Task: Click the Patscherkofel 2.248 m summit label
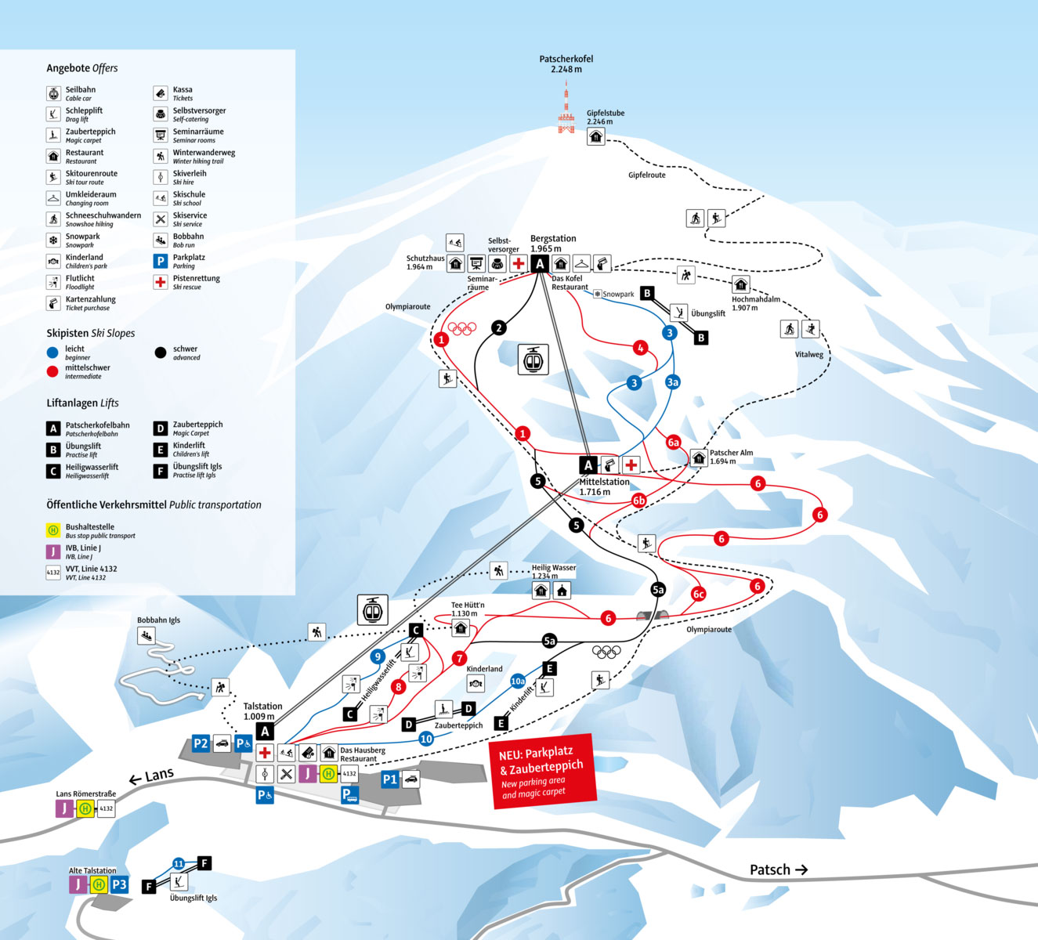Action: point(566,64)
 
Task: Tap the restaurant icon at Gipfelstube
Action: point(596,136)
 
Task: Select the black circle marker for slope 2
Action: point(499,327)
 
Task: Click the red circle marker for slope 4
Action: point(641,348)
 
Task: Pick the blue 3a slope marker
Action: point(672,382)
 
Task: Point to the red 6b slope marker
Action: point(639,501)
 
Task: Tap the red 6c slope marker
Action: point(699,595)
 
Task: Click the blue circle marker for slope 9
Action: point(378,657)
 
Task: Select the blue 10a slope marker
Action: point(518,681)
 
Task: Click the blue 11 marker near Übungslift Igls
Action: point(179,863)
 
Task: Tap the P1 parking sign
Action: point(389,779)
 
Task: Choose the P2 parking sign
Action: point(201,744)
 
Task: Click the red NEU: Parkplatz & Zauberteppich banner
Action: point(543,772)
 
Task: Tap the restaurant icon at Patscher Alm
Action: point(699,458)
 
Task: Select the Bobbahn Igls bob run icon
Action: point(146,635)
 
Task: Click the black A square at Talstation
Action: point(265,732)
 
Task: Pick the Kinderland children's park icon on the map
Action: point(476,683)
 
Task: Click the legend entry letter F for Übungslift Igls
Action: point(161,471)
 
